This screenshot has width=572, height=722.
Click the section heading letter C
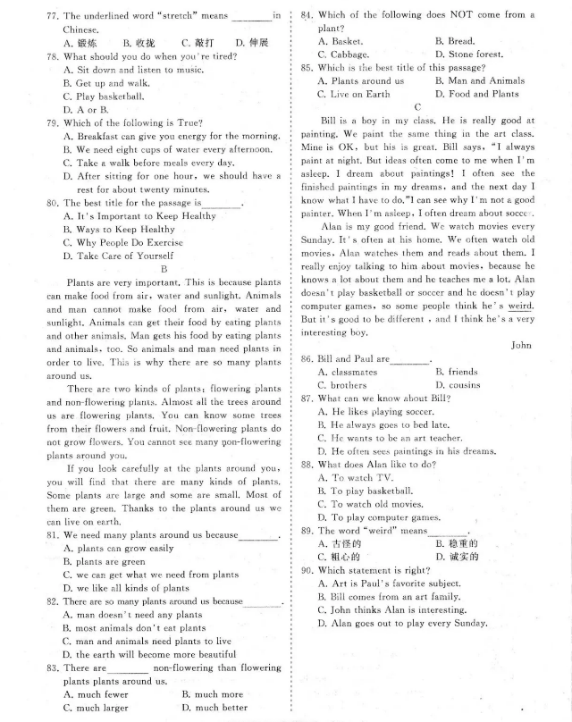click(416, 107)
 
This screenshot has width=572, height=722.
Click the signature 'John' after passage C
click(522, 344)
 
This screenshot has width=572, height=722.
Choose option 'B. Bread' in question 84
click(455, 41)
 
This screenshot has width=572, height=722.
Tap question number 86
click(306, 359)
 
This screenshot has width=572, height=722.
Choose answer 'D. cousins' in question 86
click(458, 385)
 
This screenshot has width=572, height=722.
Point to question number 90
click(306, 570)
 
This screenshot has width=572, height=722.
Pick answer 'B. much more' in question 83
click(212, 694)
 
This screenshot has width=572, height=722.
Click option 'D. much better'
click(214, 708)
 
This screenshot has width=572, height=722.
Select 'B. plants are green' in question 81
click(105, 562)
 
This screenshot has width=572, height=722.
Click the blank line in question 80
click(221, 204)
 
